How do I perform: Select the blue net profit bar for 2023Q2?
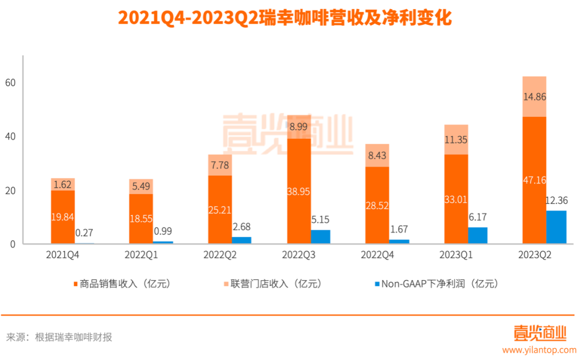click(x=556, y=228)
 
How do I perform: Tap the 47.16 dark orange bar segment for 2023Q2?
click(x=534, y=181)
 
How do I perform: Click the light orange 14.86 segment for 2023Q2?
click(x=534, y=97)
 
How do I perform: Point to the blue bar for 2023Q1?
click(x=477, y=236)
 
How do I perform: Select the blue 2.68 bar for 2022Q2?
click(x=242, y=241)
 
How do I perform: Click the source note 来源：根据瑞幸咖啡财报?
click(x=59, y=337)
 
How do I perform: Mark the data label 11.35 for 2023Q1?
click(x=456, y=139)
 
